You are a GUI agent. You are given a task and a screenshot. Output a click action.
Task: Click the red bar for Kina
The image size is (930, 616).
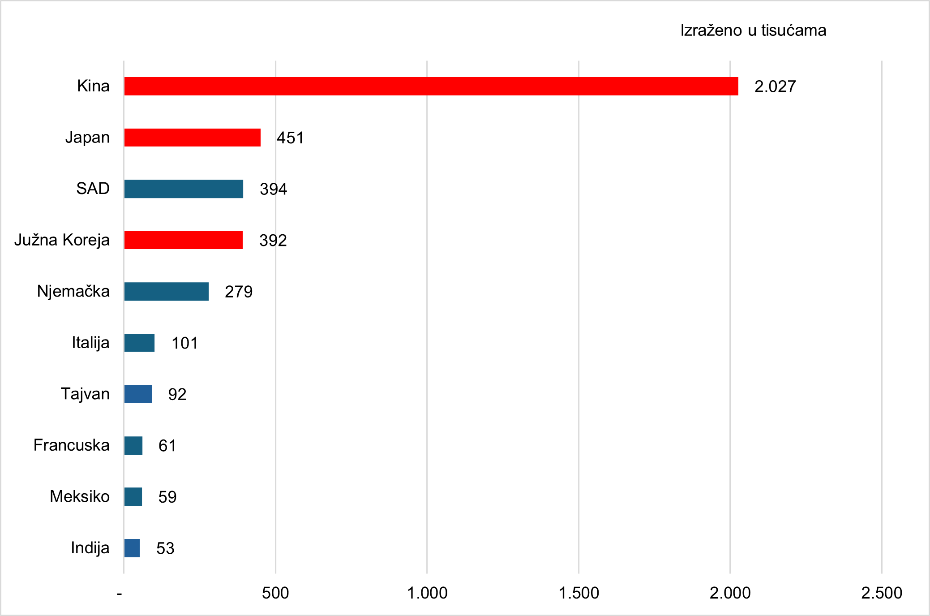click(431, 86)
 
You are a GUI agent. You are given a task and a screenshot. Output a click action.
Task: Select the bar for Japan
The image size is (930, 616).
click(192, 138)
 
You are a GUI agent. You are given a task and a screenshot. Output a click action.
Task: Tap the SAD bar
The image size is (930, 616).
click(184, 189)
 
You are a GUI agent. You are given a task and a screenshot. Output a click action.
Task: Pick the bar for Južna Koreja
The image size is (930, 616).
click(183, 240)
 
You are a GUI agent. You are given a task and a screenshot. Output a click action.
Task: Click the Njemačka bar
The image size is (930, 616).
click(166, 292)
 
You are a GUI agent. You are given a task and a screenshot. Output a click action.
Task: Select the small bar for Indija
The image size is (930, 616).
click(132, 548)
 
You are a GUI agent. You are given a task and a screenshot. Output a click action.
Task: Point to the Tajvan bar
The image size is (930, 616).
click(138, 394)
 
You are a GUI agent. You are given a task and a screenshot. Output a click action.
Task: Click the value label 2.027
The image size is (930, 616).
click(775, 86)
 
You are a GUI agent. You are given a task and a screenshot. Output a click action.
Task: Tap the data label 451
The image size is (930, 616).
click(290, 138)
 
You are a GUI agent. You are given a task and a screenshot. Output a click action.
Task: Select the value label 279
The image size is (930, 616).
click(239, 292)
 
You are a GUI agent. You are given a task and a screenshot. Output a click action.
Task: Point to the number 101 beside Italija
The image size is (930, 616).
click(184, 343)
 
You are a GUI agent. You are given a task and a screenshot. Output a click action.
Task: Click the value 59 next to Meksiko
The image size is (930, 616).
click(167, 497)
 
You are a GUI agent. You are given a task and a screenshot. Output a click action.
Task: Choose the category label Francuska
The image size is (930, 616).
click(72, 445)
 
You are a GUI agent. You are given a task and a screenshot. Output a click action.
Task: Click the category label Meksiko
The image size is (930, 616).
click(80, 496)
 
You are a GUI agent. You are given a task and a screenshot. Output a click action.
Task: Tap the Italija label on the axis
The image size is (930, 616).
click(90, 343)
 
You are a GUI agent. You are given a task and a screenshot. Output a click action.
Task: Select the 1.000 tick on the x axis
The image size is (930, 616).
click(427, 593)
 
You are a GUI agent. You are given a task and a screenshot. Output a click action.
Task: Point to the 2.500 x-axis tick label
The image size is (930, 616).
click(881, 593)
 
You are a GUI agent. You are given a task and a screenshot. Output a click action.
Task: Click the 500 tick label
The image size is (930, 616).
click(275, 593)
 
